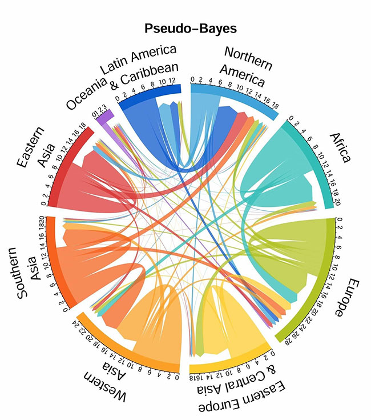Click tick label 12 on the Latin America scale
click(x=173, y=81)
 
